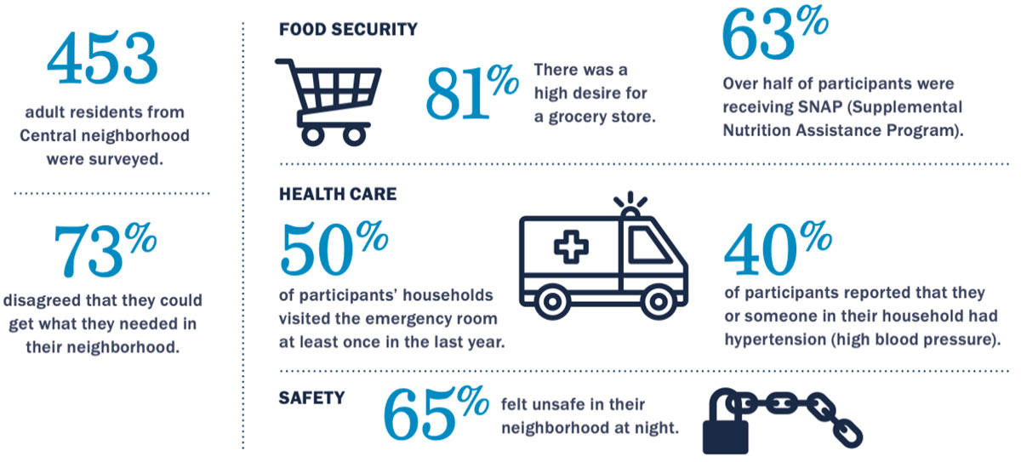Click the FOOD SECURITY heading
(x=348, y=29)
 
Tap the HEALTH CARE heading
(x=338, y=193)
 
